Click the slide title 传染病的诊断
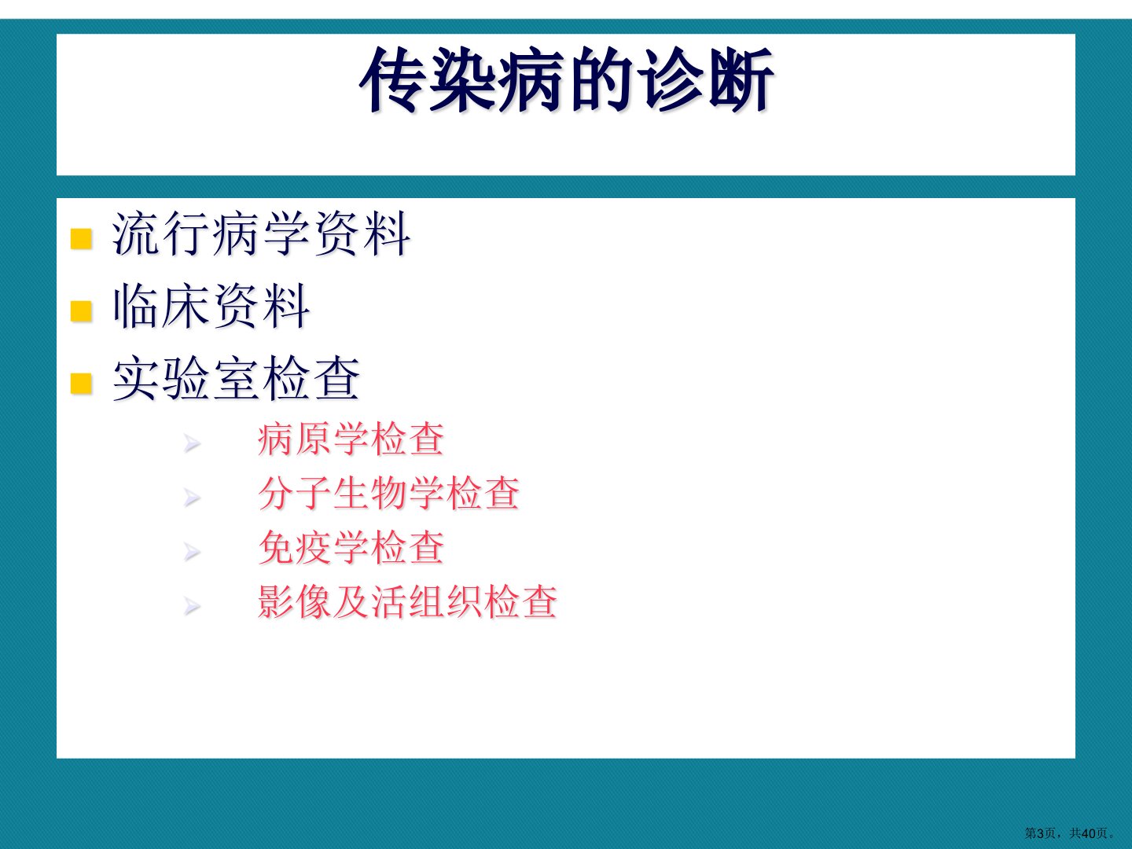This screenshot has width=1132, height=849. pyautogui.click(x=566, y=80)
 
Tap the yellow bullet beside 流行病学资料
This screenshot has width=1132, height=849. pyautogui.click(x=81, y=239)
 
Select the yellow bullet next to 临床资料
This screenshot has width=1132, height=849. pyautogui.click(x=81, y=311)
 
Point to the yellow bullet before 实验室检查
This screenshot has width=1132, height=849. pyautogui.click(x=81, y=383)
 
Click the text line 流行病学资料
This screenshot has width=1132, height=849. pyautogui.click(x=261, y=234)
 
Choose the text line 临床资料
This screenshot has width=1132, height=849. pyautogui.click(x=211, y=307)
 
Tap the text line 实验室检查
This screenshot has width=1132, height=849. pyautogui.click(x=236, y=379)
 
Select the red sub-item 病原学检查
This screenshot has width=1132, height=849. pyautogui.click(x=351, y=439)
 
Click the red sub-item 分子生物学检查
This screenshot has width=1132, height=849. pyautogui.click(x=389, y=494)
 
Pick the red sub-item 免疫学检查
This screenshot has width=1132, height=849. pyautogui.click(x=351, y=547)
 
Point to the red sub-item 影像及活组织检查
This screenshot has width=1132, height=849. pyautogui.click(x=407, y=601)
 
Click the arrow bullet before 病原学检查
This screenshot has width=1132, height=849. pyautogui.click(x=192, y=443)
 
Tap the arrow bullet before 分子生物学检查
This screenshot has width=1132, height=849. pyautogui.click(x=192, y=498)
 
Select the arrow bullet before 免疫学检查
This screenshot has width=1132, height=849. pyautogui.click(x=192, y=552)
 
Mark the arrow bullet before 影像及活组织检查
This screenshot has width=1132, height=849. pyautogui.click(x=192, y=606)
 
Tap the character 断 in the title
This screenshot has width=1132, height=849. pyautogui.click(x=741, y=80)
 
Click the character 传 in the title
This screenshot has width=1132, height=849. pyautogui.click(x=392, y=80)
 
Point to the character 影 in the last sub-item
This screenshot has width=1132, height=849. pyautogui.click(x=276, y=601)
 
